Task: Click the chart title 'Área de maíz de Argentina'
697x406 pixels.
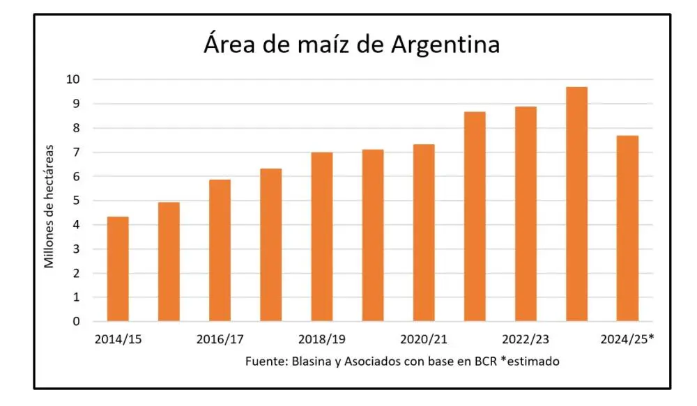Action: [352, 45]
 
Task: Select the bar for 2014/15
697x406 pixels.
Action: [118, 270]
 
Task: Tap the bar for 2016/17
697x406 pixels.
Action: [220, 251]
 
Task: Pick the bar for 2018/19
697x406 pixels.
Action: [322, 237]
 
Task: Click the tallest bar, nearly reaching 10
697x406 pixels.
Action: [577, 205]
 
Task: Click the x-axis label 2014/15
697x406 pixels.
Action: [117, 340]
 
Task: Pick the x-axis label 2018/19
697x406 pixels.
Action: [321, 340]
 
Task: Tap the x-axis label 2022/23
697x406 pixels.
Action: [526, 340]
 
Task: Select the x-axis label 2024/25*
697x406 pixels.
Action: [628, 340]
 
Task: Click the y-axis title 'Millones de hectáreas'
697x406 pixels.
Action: [49, 206]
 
